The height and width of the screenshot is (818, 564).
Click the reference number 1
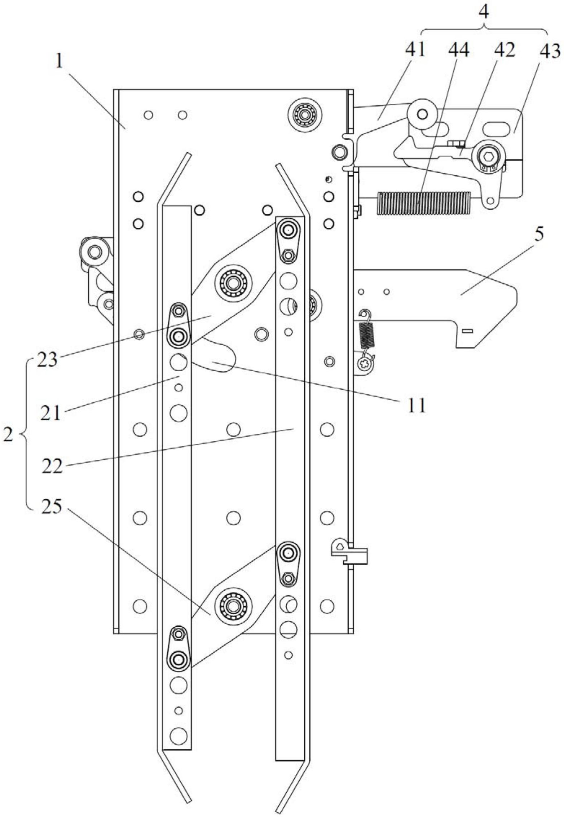[x=59, y=62]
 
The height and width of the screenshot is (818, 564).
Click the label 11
[x=417, y=405]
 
